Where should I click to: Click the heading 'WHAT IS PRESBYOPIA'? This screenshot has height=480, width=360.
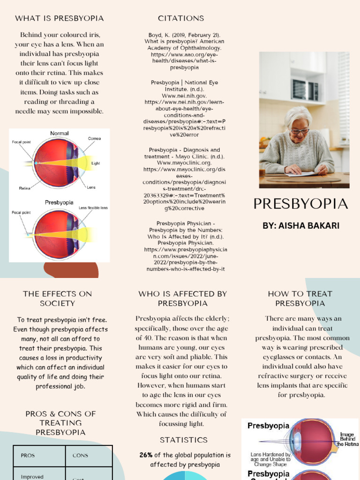click(x=60, y=19)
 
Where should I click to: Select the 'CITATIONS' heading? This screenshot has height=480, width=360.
click(x=181, y=19)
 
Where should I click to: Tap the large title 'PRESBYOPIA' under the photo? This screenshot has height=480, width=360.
click(x=300, y=204)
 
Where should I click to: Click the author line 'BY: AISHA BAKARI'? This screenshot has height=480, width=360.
click(x=300, y=226)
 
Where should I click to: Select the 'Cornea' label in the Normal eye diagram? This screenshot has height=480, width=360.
click(x=94, y=138)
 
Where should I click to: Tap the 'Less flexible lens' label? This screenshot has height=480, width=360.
click(x=93, y=208)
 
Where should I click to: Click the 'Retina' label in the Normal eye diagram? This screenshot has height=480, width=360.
click(x=25, y=188)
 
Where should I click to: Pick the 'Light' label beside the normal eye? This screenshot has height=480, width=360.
click(x=96, y=164)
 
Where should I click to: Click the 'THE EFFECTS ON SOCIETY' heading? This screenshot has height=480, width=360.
click(x=58, y=299)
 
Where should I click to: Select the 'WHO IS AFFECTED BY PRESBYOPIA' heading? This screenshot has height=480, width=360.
click(x=183, y=299)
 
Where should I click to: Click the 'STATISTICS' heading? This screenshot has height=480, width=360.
click(x=184, y=440)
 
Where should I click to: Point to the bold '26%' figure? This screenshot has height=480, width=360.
click(x=146, y=455)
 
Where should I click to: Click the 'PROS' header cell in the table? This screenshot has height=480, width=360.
click(x=28, y=456)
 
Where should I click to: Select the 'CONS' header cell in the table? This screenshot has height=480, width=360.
click(x=80, y=456)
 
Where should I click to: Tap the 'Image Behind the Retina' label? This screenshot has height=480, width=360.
click(x=347, y=438)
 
